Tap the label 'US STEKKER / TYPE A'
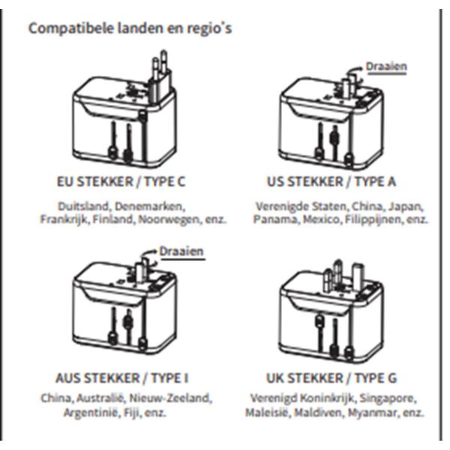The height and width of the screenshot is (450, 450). pyautogui.click(x=332, y=182)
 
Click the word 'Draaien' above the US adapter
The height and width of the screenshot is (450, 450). pyautogui.click(x=386, y=67)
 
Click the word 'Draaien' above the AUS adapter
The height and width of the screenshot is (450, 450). pyautogui.click(x=181, y=251)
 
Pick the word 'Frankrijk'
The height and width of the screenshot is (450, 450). pyautogui.click(x=63, y=220)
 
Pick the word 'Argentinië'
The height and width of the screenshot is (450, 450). pyautogui.click(x=89, y=412)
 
